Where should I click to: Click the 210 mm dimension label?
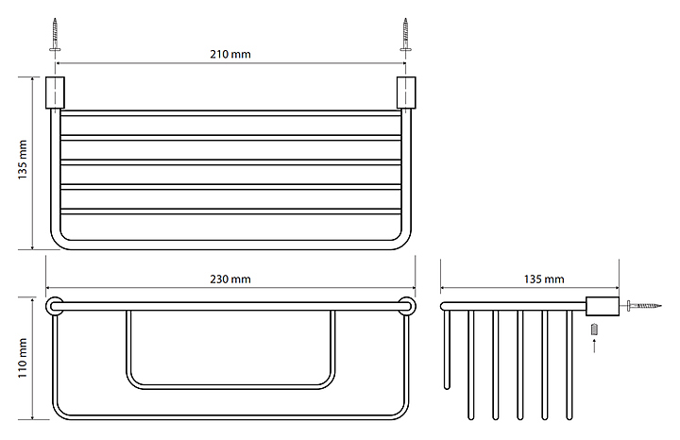pyautogui.click(x=230, y=54)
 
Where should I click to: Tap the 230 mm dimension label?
pyautogui.click(x=230, y=279)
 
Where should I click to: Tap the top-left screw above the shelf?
pyautogui.click(x=56, y=36)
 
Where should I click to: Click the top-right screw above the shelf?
pyautogui.click(x=406, y=36)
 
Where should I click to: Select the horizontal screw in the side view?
pyautogui.click(x=644, y=306)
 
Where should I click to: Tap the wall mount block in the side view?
pyautogui.click(x=602, y=306)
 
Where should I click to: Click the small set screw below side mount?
pyautogui.click(x=595, y=330)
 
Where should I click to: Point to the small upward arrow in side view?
pyautogui.click(x=595, y=346)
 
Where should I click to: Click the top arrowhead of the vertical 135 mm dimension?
pyautogui.click(x=35, y=80)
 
